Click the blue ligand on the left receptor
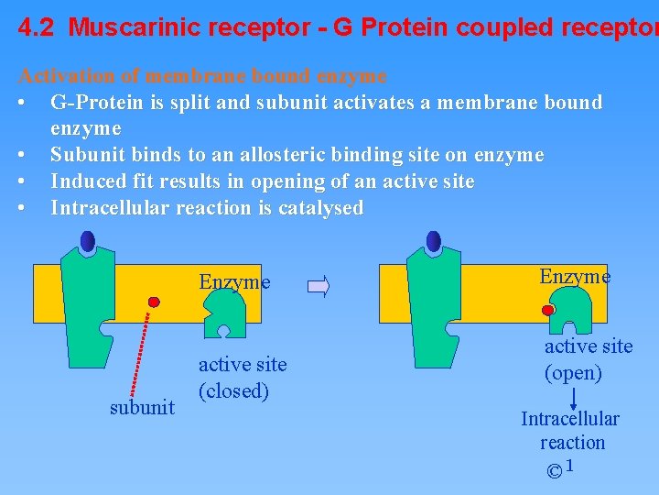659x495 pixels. (x=88, y=241)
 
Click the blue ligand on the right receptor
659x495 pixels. (x=433, y=241)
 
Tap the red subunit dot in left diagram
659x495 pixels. (x=155, y=301)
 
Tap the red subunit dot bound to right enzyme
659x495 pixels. (x=548, y=311)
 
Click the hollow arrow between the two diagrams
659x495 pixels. (x=319, y=287)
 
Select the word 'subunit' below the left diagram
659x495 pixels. (x=142, y=407)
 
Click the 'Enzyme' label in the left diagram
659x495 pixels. (x=234, y=282)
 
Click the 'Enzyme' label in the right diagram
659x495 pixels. (x=575, y=276)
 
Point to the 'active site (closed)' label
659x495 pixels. (x=243, y=378)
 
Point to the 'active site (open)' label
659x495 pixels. (x=589, y=359)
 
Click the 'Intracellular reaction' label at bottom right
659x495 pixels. (x=570, y=430)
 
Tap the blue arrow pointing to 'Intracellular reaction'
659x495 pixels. (x=574, y=398)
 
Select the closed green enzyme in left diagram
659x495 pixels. (x=224, y=316)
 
